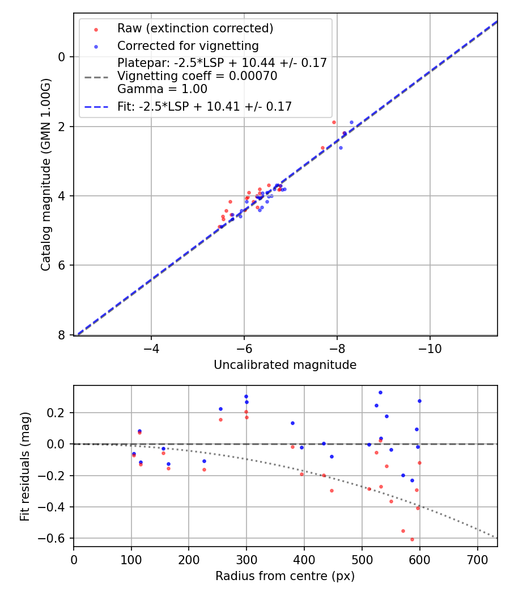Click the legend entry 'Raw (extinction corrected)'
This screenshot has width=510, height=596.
(195, 28)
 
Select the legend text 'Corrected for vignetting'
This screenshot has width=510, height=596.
(188, 46)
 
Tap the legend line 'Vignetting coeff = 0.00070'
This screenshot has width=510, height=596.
(197, 76)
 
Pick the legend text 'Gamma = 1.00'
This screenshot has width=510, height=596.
(162, 89)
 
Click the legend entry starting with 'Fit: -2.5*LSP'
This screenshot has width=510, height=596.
(205, 106)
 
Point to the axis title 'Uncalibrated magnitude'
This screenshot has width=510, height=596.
(285, 365)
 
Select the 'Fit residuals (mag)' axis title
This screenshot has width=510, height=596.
(24, 466)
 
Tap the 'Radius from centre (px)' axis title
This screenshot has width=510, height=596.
(285, 576)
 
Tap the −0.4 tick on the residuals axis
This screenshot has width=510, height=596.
(55, 507)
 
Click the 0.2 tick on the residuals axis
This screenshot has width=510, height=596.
(58, 413)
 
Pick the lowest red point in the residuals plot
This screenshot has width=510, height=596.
(412, 539)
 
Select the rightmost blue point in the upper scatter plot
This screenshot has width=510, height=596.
(351, 122)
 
